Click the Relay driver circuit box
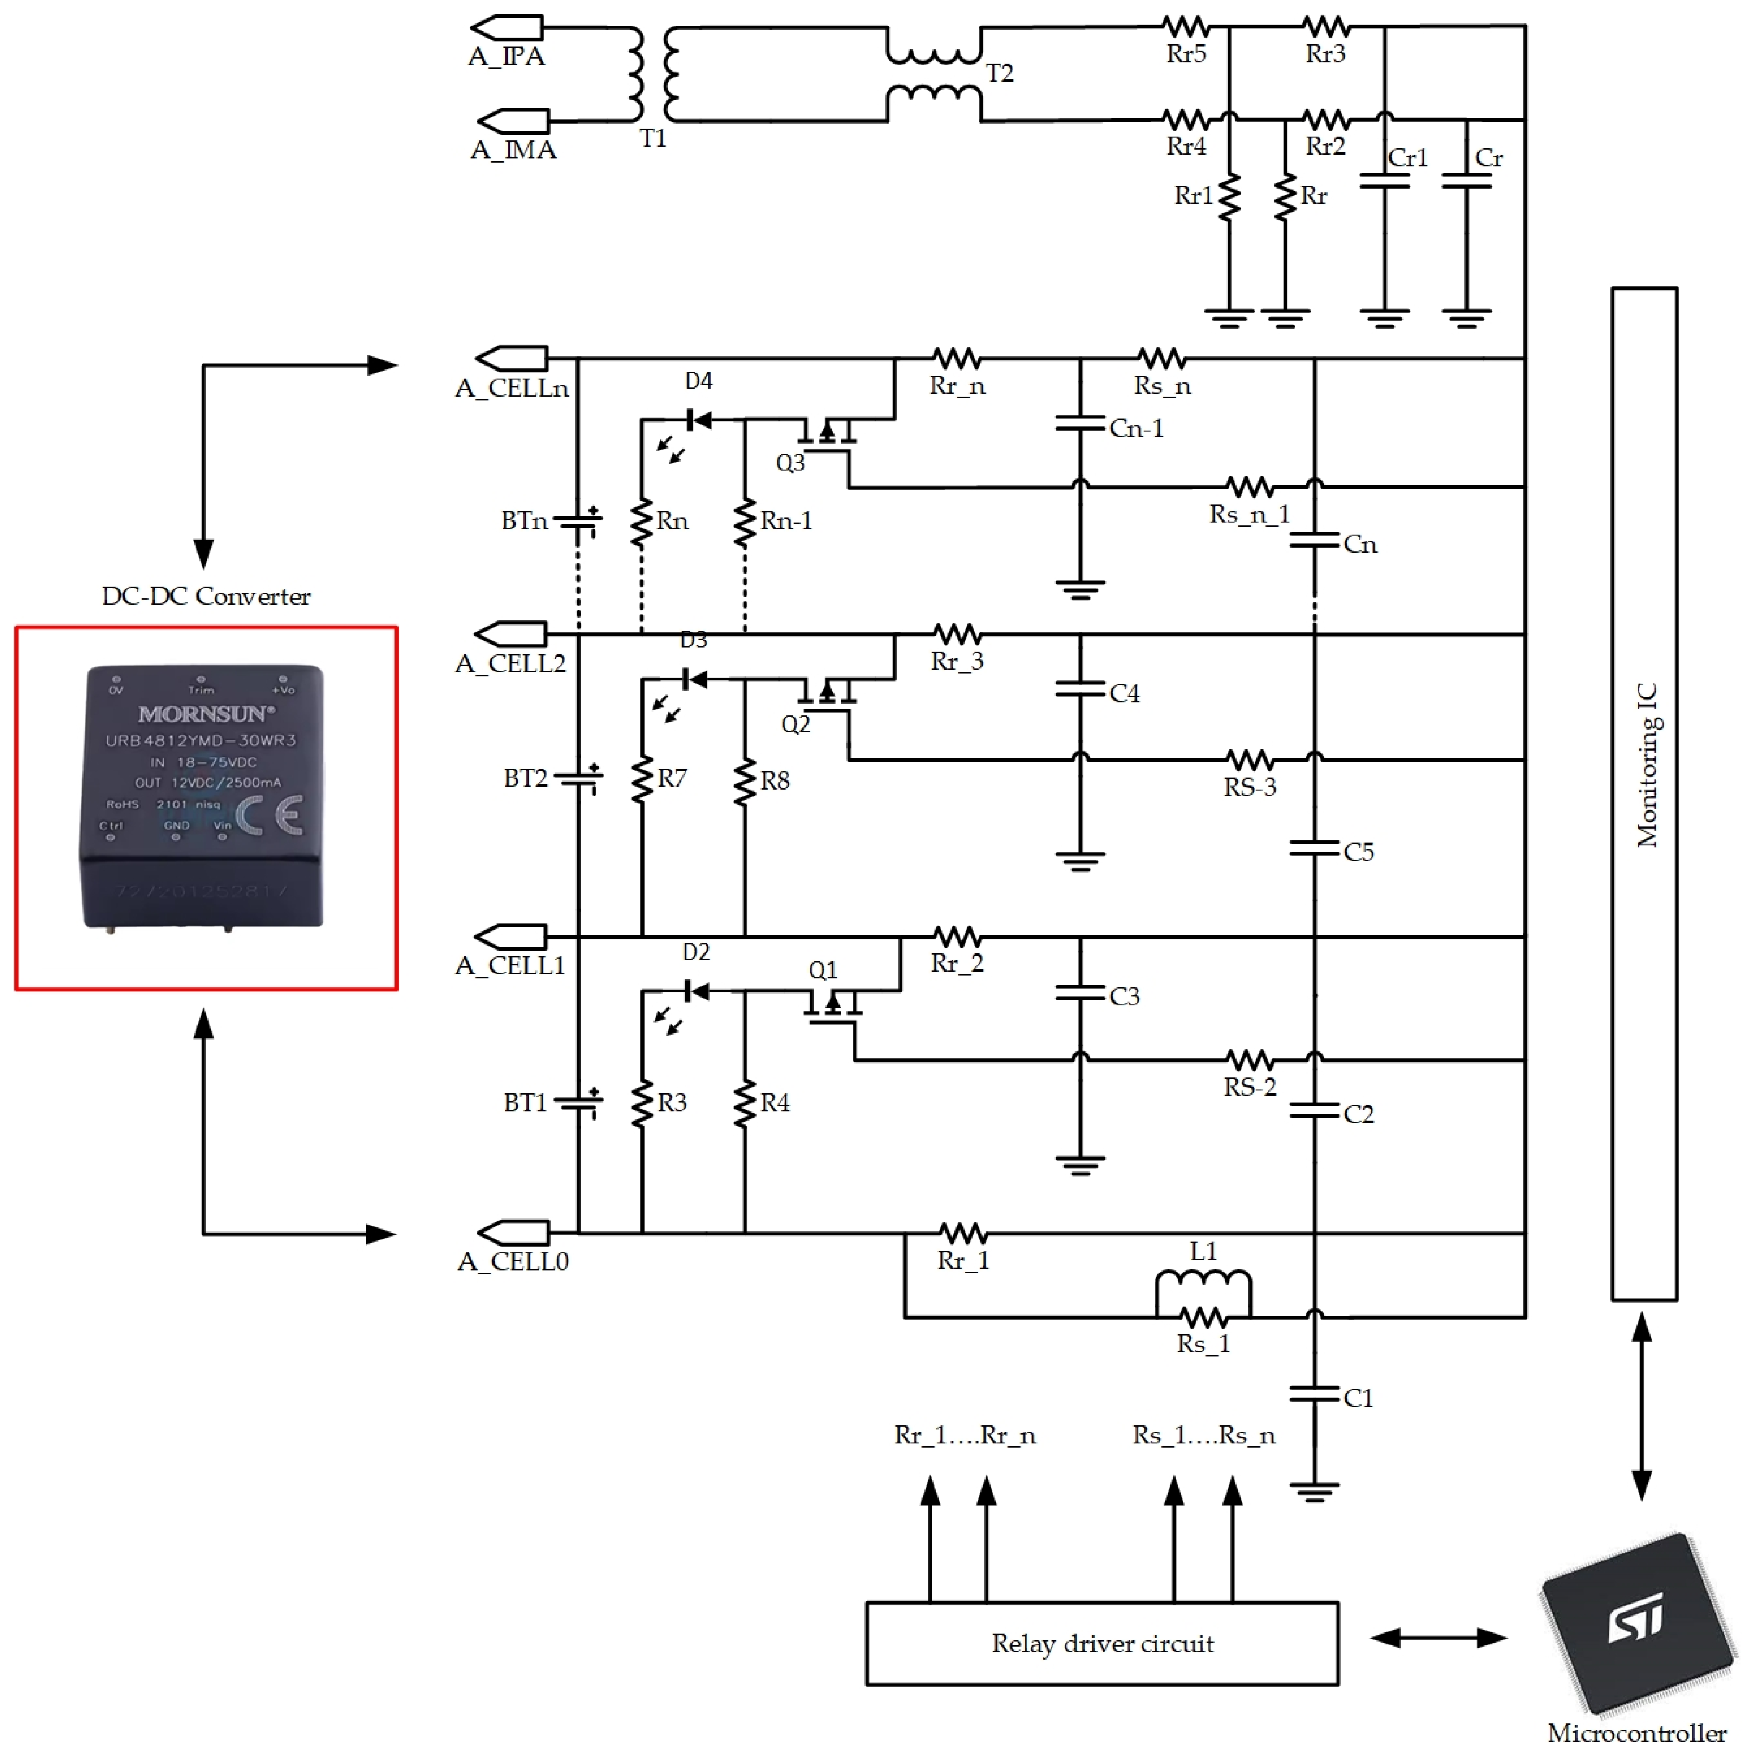[x=1102, y=1643]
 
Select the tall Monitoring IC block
[x=1644, y=793]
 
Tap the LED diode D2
[x=696, y=991]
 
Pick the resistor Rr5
[x=1186, y=26]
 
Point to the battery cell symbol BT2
[x=578, y=778]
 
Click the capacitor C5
[x=1314, y=850]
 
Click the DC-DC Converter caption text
[x=206, y=596]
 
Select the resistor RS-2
[x=1250, y=1060]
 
